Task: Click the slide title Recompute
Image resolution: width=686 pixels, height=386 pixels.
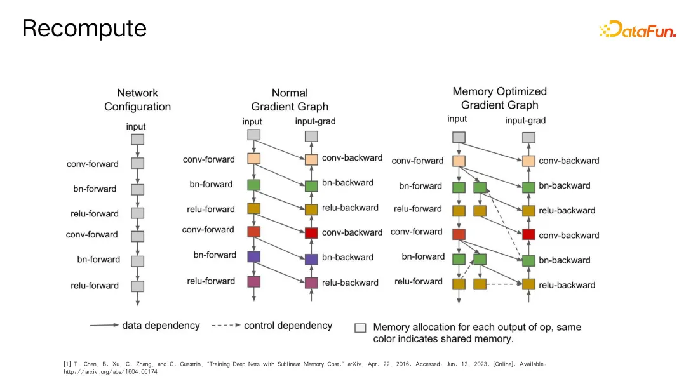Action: pos(84,28)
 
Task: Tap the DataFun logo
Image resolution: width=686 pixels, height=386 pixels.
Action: pos(637,29)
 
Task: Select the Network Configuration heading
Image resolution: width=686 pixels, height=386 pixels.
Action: pos(137,100)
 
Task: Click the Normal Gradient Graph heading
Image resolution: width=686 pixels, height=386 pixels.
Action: pos(290,100)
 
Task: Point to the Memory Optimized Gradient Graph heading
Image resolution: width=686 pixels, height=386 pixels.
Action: pos(499,98)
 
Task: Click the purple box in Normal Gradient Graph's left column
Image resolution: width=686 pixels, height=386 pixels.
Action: pos(254,256)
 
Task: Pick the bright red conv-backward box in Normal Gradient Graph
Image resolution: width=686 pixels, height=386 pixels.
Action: pos(311,233)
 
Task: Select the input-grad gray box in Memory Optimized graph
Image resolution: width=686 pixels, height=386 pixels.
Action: pos(528,137)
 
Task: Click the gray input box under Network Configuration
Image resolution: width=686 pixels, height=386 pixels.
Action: pos(137,140)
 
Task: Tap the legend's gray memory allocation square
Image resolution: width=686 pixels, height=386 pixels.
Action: pos(360,328)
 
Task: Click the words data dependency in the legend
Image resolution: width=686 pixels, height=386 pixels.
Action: pos(161,326)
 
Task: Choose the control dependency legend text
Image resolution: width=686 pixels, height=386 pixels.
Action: pos(288,326)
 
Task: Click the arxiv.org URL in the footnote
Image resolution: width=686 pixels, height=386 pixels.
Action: pos(111,372)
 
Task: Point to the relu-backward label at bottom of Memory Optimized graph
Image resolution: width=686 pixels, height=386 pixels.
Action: pos(567,285)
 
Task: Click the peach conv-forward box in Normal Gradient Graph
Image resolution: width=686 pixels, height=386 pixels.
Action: pos(254,159)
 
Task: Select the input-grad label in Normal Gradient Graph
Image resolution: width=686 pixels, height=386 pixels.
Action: pos(316,121)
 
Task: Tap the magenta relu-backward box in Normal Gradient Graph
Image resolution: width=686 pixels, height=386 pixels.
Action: pos(311,283)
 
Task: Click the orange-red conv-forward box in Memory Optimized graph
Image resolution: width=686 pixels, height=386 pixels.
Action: pos(459,235)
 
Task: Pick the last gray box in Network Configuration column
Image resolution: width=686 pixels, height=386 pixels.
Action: pos(137,286)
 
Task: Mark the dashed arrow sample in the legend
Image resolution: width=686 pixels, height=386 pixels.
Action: pos(224,326)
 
